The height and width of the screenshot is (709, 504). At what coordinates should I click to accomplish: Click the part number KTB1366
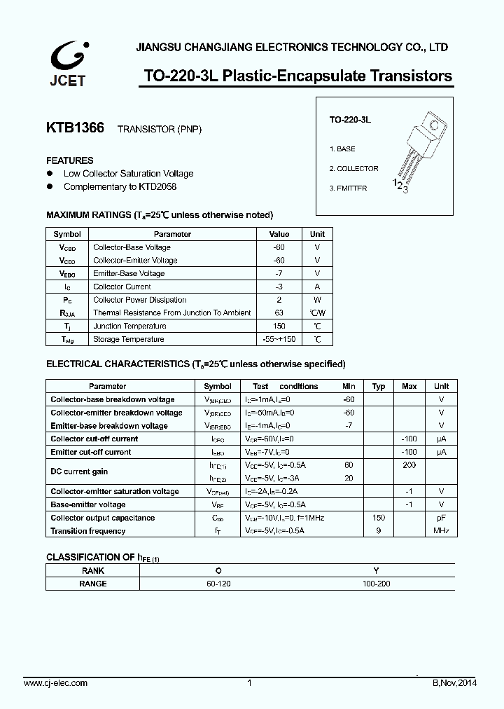(75, 128)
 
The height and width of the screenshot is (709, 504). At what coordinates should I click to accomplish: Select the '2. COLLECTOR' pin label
(353, 169)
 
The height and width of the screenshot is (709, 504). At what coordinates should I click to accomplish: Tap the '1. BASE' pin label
(342, 149)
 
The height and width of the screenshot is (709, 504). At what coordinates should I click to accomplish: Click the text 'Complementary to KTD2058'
(120, 187)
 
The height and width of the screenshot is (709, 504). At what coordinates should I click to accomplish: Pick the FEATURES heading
(70, 160)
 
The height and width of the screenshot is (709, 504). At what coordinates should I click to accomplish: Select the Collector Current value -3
(279, 287)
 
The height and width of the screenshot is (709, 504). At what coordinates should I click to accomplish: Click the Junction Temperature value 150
(279, 326)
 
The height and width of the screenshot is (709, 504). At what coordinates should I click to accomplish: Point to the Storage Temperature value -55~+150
(279, 340)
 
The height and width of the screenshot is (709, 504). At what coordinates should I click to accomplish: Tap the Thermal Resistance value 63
(279, 313)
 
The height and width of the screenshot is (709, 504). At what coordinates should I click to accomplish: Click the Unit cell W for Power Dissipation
(317, 300)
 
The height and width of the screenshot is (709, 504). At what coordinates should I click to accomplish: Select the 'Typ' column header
(379, 386)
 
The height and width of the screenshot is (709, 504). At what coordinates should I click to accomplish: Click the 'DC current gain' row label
(80, 471)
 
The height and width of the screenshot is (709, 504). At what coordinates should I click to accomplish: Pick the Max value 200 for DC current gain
(409, 465)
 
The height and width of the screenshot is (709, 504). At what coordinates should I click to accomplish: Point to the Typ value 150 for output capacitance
(379, 518)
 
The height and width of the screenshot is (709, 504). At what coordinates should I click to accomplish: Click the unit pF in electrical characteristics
(441, 518)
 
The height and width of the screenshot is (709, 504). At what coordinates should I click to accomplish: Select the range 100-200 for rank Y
(377, 584)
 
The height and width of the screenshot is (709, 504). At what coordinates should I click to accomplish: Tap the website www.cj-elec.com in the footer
(55, 683)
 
